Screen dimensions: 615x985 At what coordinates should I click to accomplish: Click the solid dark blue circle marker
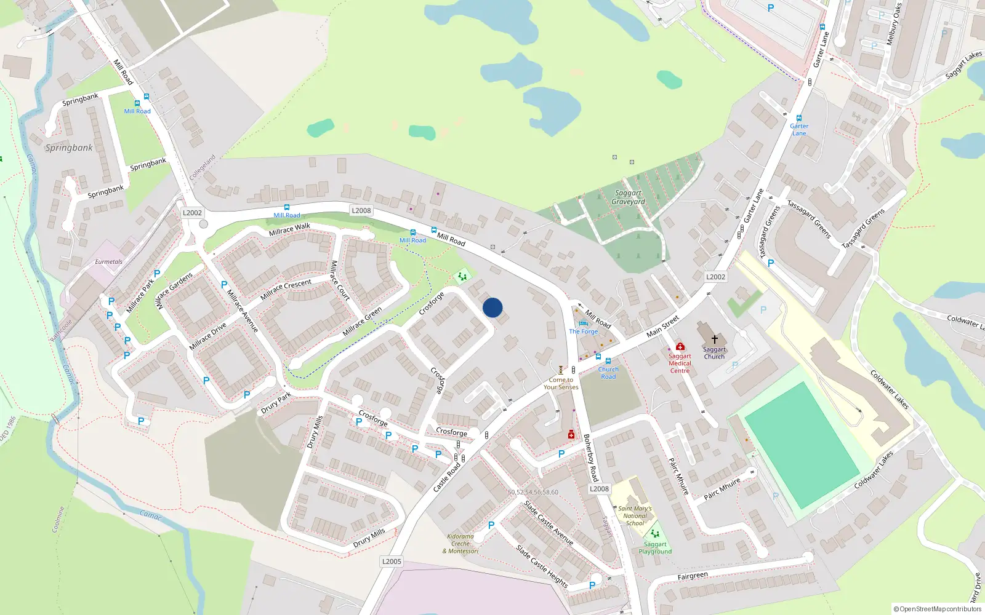point(492,307)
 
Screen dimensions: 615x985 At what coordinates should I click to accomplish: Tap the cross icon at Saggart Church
point(714,339)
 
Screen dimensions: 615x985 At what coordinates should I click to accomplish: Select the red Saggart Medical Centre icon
point(680,346)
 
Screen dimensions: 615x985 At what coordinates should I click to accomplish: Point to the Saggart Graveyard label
point(628,197)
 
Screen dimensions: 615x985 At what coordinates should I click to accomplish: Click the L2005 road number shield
point(392,561)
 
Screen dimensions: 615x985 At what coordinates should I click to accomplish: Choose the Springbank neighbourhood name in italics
point(69,148)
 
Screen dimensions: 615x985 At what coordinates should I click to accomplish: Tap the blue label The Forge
point(583,331)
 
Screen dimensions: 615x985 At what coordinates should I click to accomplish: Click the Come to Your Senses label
point(561,383)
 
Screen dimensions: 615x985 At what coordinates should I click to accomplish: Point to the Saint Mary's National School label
point(635,515)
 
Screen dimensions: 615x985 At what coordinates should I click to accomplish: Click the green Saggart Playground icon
point(655,533)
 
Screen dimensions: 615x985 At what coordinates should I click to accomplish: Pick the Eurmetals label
point(108,262)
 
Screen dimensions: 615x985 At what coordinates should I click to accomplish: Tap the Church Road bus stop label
point(608,373)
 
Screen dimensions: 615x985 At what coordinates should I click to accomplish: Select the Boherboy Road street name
point(590,458)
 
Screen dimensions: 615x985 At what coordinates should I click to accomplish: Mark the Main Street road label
point(662,326)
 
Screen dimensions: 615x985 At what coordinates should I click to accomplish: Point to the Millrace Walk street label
point(289,229)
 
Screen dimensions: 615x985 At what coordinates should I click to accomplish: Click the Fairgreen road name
point(693,576)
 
